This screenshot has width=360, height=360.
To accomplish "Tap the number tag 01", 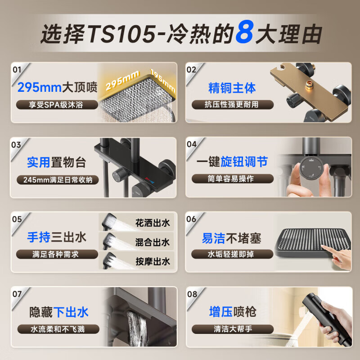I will click(x=17, y=70).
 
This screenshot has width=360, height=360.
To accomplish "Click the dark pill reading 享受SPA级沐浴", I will click(x=57, y=105).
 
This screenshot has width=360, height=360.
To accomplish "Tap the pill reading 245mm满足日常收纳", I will click(x=57, y=180).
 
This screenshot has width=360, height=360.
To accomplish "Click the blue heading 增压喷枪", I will click(x=232, y=311).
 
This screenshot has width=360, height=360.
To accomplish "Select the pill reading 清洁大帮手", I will click(x=232, y=329).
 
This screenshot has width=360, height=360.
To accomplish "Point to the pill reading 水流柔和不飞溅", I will click(x=57, y=329).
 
